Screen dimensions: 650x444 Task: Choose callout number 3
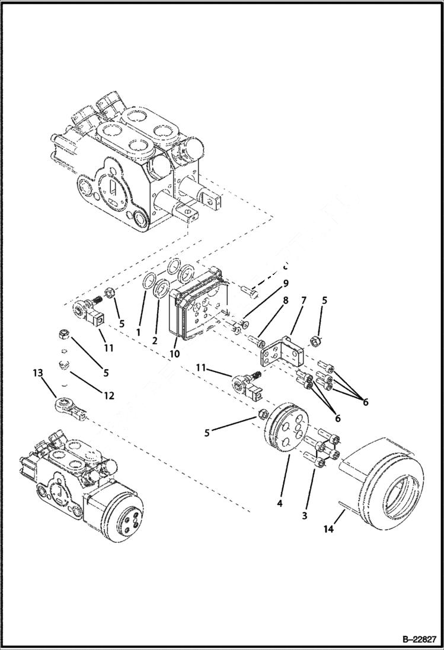point(305,515)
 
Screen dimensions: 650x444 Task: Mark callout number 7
point(304,301)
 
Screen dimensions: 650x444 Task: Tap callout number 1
point(138,333)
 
